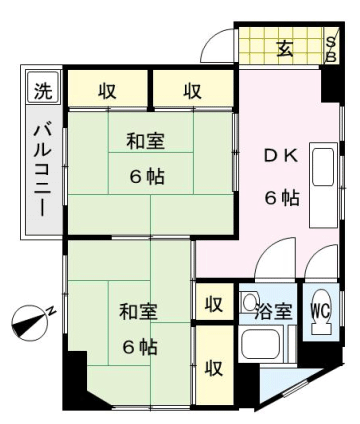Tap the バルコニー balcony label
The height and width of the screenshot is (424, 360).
click(43, 170)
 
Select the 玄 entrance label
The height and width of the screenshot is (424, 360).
click(285, 49)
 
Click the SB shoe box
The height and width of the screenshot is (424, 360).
click(331, 49)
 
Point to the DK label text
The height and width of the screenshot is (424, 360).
click(281, 156)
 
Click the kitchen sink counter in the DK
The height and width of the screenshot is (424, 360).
click(323, 185)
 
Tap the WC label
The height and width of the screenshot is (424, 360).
click(320, 311)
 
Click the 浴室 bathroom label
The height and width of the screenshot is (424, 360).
click(274, 311)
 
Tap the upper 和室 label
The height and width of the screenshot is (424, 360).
click(145, 141)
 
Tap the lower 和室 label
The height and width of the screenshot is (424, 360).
click(139, 311)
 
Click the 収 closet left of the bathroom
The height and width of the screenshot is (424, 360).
click(214, 302)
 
